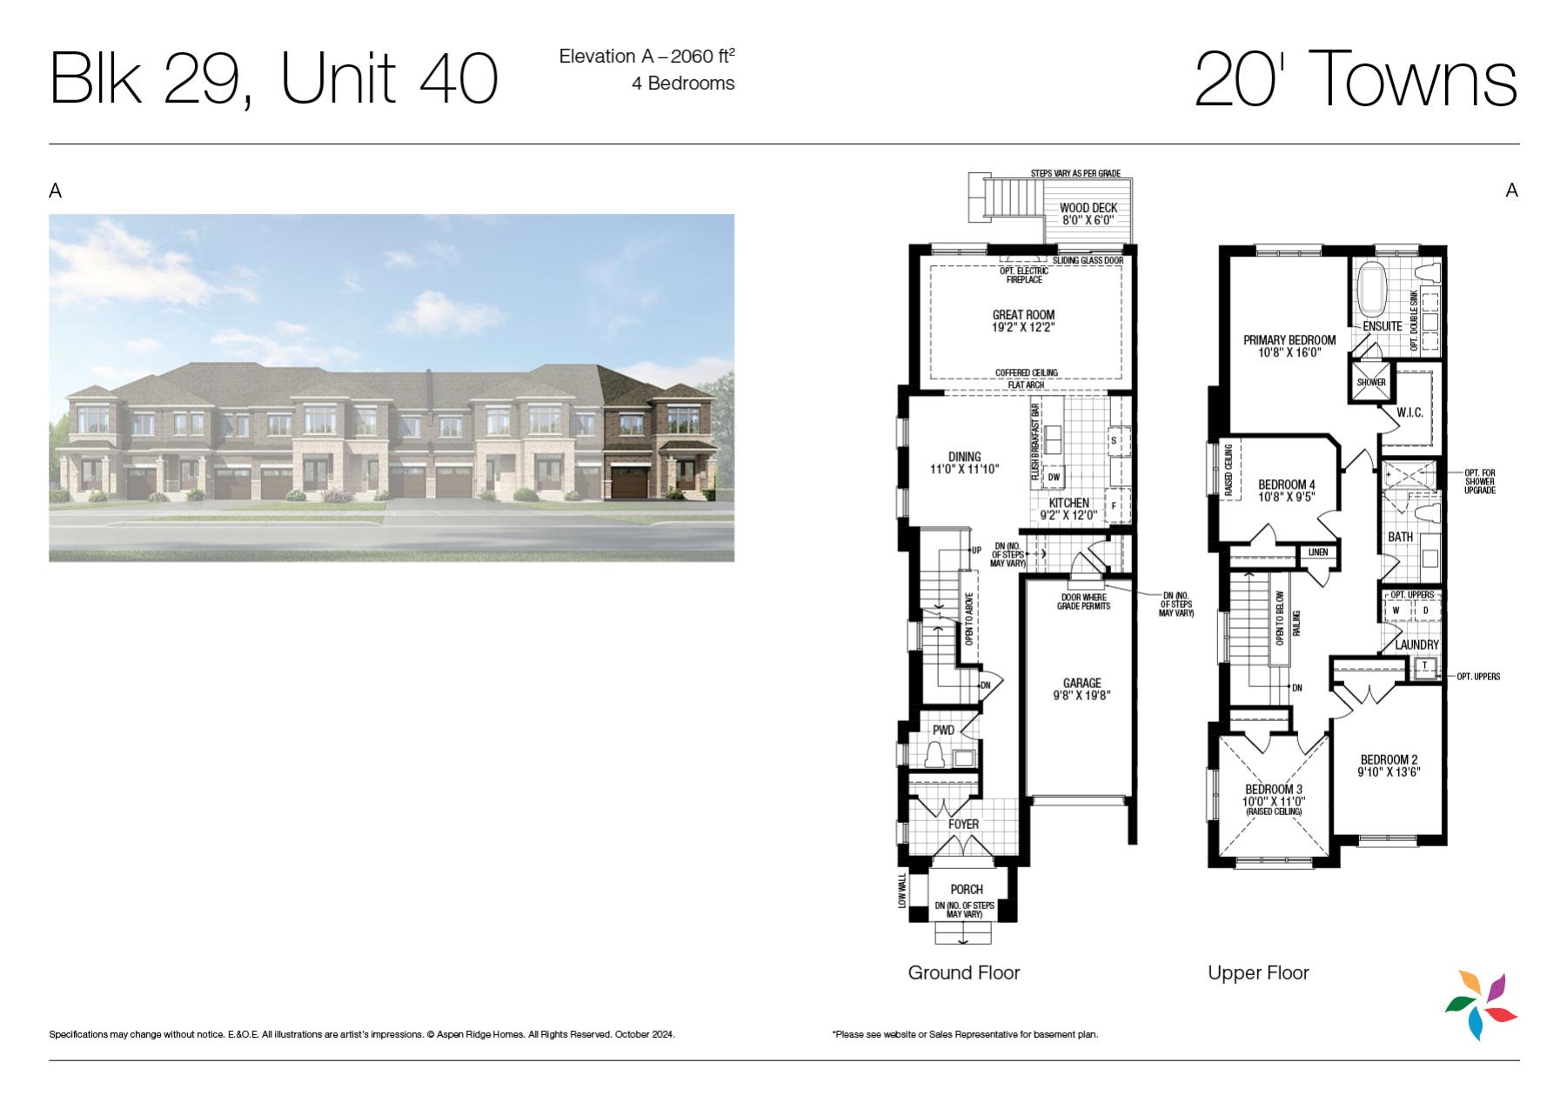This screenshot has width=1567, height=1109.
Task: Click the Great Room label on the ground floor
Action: click(x=1023, y=315)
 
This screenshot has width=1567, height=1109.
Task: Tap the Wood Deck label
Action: click(x=1088, y=208)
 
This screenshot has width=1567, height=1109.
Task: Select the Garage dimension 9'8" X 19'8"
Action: click(x=1081, y=695)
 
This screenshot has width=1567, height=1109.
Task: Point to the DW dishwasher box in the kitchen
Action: click(x=1054, y=477)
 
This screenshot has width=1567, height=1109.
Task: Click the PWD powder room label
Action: click(x=943, y=731)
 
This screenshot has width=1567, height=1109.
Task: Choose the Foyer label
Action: click(x=963, y=824)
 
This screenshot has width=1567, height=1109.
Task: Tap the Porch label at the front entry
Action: click(x=967, y=889)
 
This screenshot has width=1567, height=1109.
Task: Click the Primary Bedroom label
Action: click(x=1289, y=340)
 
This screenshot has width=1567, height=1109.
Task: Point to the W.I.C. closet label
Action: click(x=1410, y=412)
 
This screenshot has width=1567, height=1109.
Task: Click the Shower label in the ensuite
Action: click(x=1371, y=383)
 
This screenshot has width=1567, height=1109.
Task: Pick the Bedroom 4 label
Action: click(x=1287, y=484)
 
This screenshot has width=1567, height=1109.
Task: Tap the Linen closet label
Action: click(x=1317, y=552)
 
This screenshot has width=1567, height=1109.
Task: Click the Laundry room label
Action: click(x=1416, y=645)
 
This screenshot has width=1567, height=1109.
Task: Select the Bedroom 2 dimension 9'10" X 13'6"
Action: click(x=1389, y=772)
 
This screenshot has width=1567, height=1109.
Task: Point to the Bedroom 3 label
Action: click(x=1274, y=790)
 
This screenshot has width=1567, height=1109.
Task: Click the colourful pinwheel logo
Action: click(x=1482, y=1005)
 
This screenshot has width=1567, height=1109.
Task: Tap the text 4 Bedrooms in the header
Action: click(x=683, y=84)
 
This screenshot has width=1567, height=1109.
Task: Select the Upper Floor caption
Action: click(x=1258, y=973)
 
